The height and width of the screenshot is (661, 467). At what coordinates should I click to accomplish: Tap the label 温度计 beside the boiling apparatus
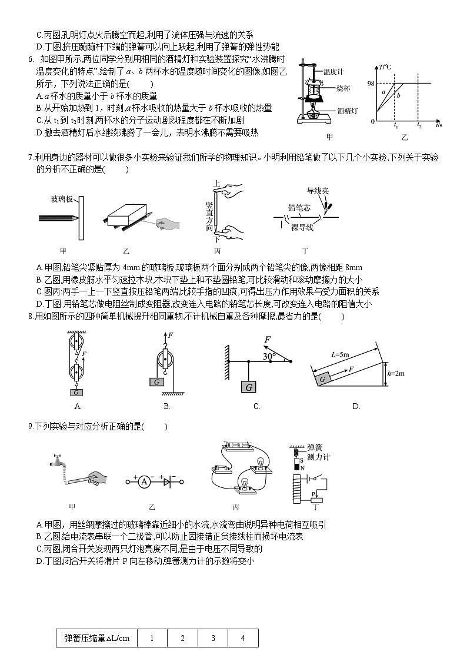pyautogui.click(x=332, y=71)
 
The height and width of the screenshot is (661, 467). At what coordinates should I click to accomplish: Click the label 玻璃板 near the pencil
pyautogui.click(x=62, y=200)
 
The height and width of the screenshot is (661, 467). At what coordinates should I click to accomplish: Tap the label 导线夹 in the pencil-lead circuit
pyautogui.click(x=318, y=191)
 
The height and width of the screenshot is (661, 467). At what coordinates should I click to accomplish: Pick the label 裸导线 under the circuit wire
pyautogui.click(x=302, y=228)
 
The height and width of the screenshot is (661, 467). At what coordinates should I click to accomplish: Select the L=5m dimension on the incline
pyautogui.click(x=341, y=354)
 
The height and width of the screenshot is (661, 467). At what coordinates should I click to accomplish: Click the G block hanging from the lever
pyautogui.click(x=249, y=387)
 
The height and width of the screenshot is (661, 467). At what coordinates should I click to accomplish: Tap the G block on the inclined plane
pyautogui.click(x=323, y=380)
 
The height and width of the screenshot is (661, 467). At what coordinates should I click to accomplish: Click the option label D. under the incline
pyautogui.click(x=356, y=406)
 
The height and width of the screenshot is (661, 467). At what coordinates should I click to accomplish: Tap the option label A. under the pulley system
pyautogui.click(x=78, y=406)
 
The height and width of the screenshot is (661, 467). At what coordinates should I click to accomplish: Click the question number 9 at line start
pyautogui.click(x=30, y=427)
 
